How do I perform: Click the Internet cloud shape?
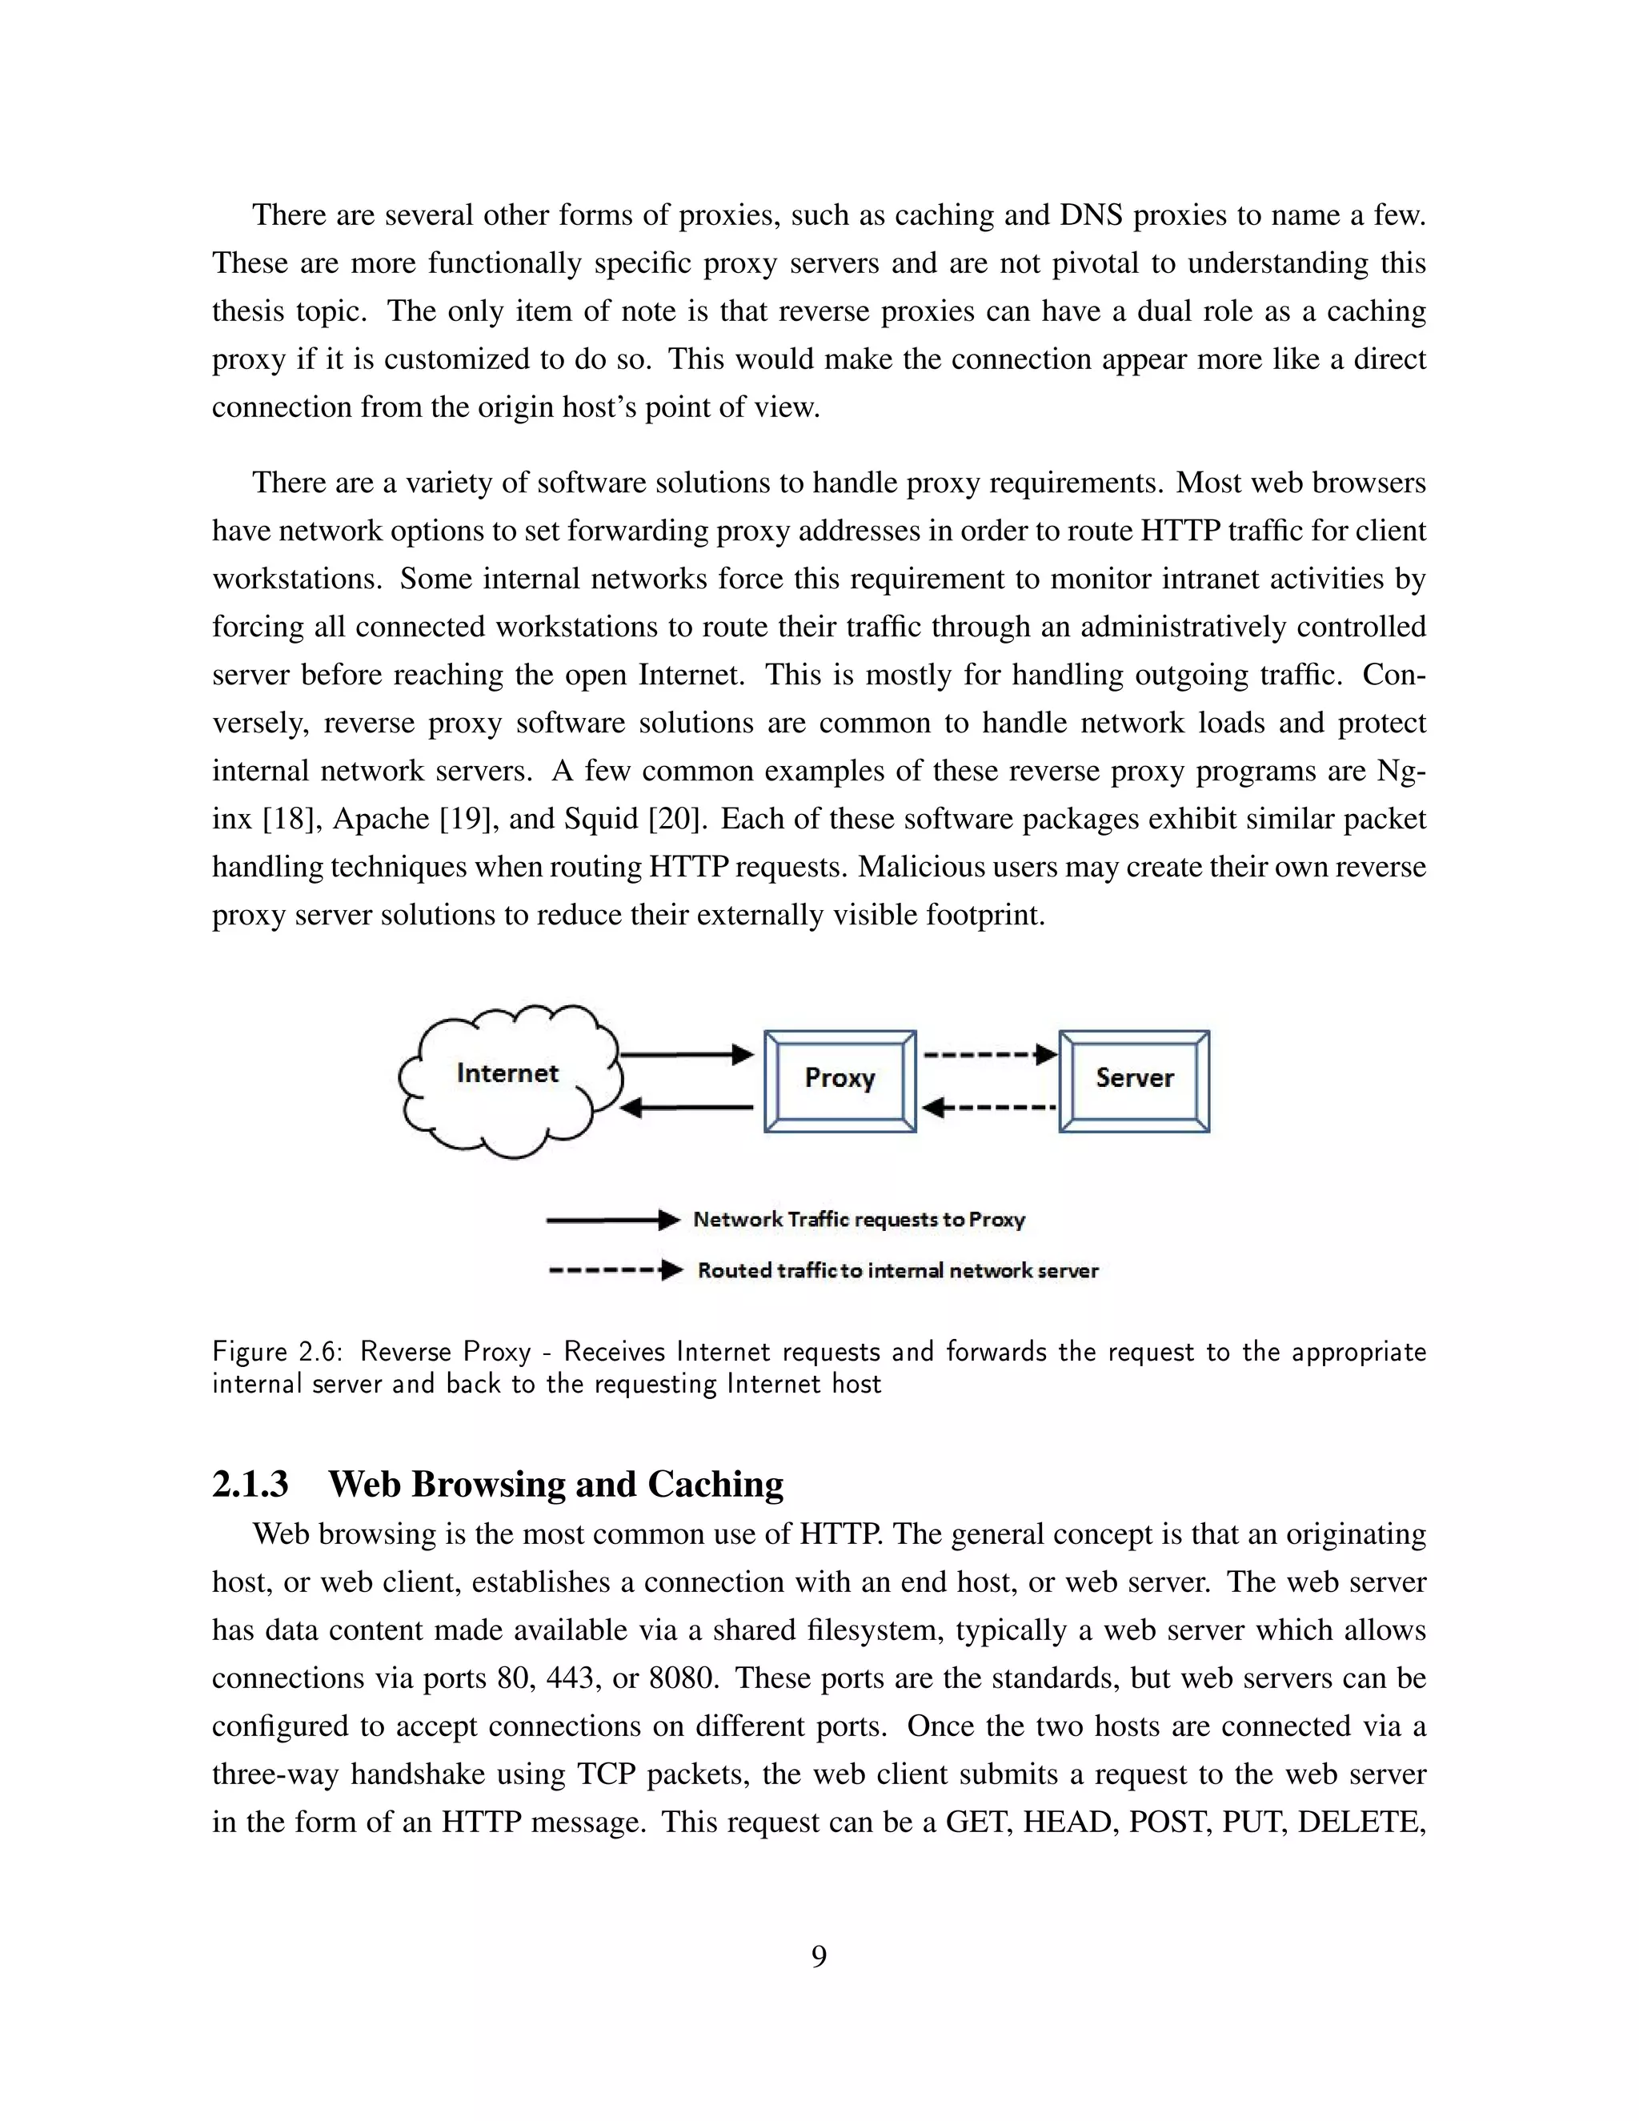(x=509, y=1080)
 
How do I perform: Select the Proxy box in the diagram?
(x=840, y=1081)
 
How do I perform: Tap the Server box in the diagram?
(x=1134, y=1081)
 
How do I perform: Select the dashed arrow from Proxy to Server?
(x=989, y=1055)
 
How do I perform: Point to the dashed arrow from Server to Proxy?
(x=989, y=1107)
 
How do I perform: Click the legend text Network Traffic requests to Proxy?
(x=859, y=1220)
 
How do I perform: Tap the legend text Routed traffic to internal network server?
(x=897, y=1270)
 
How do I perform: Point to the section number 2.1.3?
(x=250, y=1484)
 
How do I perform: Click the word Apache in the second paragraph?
(x=381, y=819)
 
